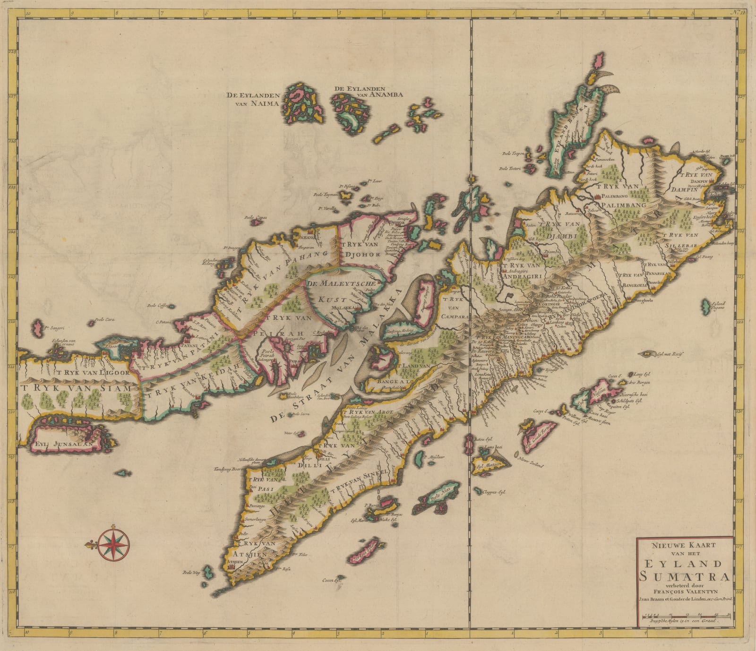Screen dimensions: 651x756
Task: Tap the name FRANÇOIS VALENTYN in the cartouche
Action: point(685,591)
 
